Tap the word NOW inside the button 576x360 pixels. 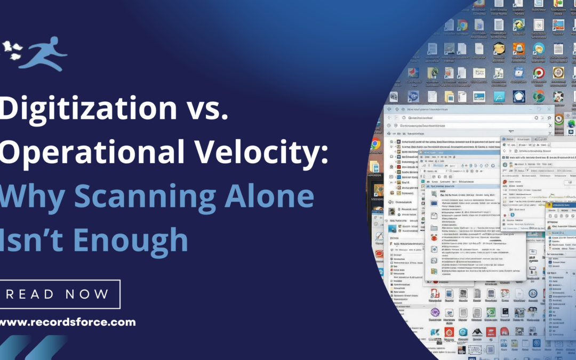[86, 294]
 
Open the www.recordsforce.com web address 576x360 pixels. [67, 322]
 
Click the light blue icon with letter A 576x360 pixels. [499, 96]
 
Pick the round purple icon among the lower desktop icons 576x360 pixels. [435, 313]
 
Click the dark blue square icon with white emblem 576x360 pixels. [519, 97]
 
